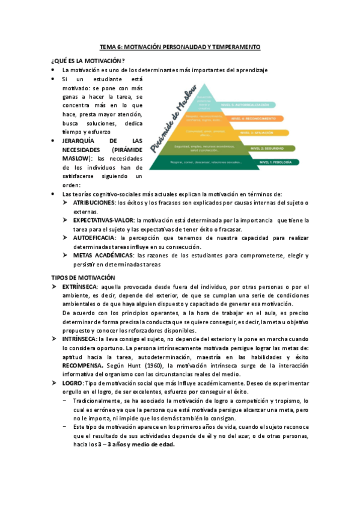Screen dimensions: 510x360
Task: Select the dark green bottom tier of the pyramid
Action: click(x=204, y=162)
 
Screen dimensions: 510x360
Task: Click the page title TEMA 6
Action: click(x=180, y=46)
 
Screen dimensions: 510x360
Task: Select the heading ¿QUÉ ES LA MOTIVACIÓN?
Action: click(x=88, y=61)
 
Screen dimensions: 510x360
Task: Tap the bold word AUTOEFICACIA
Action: click(x=96, y=238)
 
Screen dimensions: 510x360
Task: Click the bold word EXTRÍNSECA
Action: click(x=81, y=287)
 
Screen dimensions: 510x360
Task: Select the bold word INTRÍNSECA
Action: click(x=81, y=339)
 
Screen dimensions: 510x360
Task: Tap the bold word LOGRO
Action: click(x=72, y=382)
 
